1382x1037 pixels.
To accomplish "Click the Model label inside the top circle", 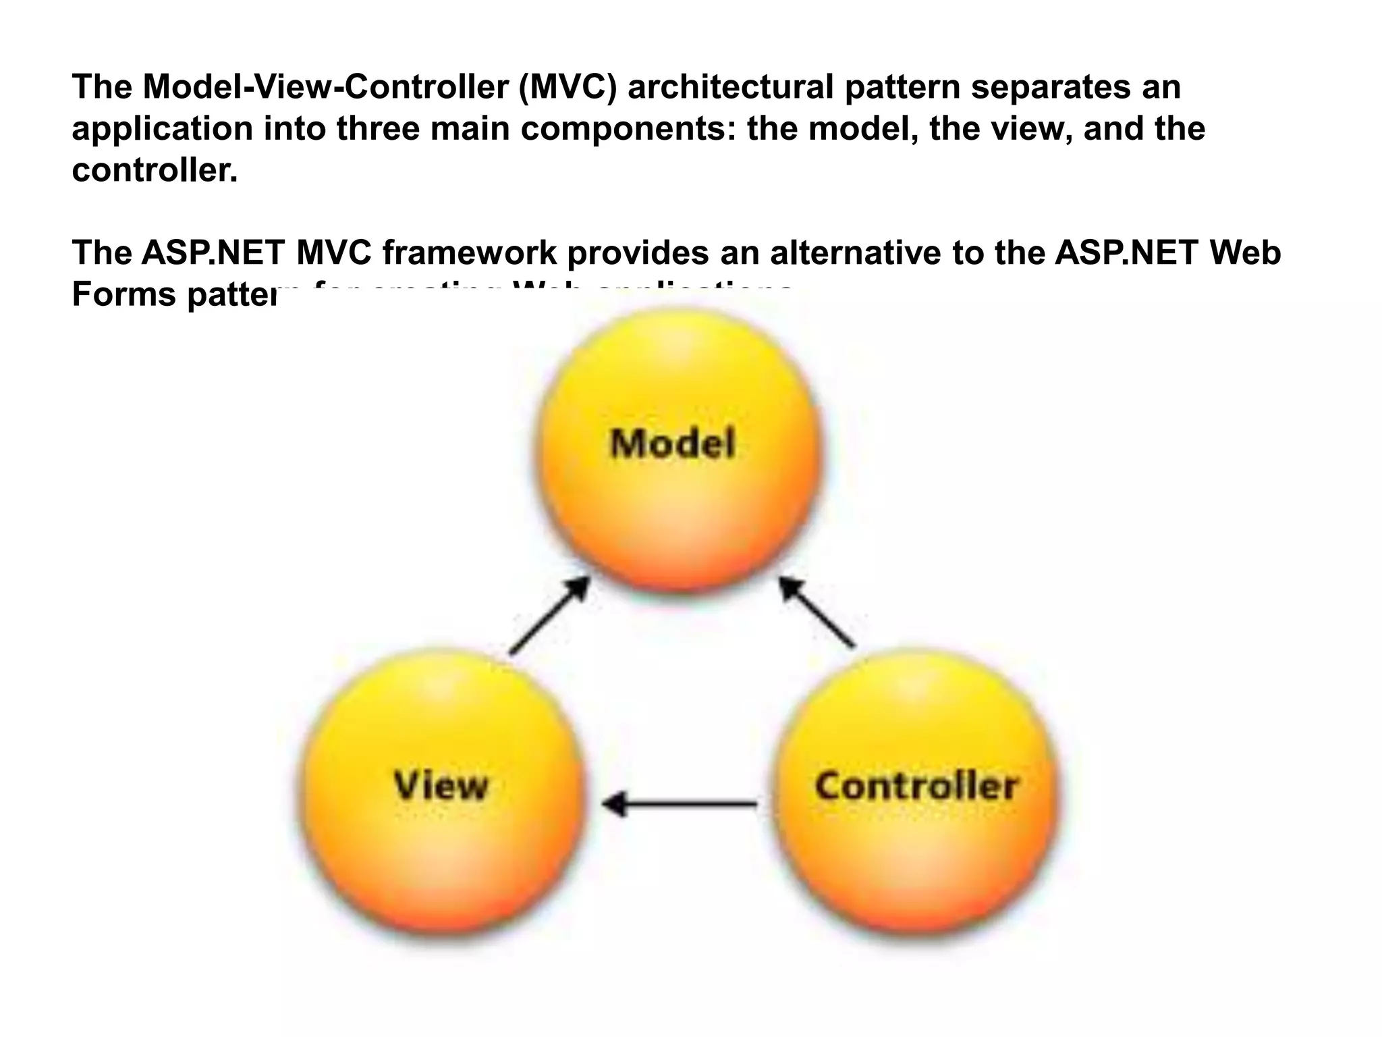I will pos(673,445).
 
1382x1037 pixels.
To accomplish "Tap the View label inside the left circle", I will pos(441,786).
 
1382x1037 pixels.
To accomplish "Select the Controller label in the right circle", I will pos(916,786).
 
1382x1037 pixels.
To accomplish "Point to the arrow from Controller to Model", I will pos(817,613).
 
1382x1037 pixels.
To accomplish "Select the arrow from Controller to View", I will pos(679,804).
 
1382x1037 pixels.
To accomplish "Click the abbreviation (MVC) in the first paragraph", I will pos(568,87).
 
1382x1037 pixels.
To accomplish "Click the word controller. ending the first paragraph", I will pos(155,170).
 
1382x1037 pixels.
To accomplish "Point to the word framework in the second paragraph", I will pos(470,252).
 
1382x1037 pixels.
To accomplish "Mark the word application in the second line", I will pos(162,128).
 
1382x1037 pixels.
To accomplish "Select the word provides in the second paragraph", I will pos(638,252).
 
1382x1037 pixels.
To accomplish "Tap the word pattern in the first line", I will pos(902,87).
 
